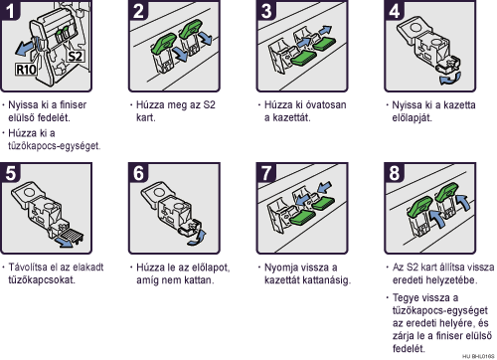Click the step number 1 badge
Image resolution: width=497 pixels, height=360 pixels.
(x=10, y=10)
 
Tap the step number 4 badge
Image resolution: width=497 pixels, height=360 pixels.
(x=395, y=10)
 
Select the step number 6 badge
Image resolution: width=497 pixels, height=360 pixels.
(x=138, y=173)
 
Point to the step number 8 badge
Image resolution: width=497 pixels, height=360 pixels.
(x=395, y=173)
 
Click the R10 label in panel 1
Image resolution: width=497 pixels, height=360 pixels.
(x=26, y=70)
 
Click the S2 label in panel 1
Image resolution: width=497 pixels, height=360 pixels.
(x=76, y=56)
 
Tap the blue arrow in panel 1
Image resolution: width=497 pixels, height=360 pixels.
(x=27, y=48)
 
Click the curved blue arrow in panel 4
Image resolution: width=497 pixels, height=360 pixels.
(x=450, y=79)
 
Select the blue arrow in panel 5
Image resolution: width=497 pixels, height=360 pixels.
(x=64, y=242)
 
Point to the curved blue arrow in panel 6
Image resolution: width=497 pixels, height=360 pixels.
(x=198, y=238)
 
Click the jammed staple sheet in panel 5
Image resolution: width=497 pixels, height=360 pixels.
(x=72, y=235)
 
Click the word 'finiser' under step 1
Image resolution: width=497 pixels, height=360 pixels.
(x=73, y=104)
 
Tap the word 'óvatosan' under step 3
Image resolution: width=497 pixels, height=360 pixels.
(x=325, y=104)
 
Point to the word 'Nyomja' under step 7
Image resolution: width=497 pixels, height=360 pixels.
(x=280, y=268)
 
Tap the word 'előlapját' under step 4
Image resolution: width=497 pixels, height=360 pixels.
(x=413, y=118)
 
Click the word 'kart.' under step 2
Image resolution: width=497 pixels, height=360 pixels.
(x=146, y=117)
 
